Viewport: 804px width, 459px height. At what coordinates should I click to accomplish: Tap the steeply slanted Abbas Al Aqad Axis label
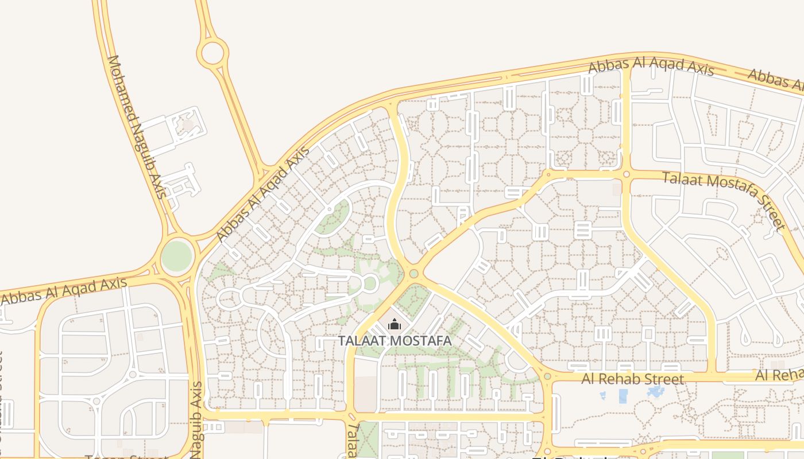pyautogui.click(x=263, y=194)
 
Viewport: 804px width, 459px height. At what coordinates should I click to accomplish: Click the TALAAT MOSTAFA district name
pyautogui.click(x=395, y=341)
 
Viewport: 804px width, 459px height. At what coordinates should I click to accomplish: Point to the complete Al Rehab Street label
pyautogui.click(x=632, y=379)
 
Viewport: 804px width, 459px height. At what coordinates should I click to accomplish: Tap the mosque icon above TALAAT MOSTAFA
pyautogui.click(x=394, y=325)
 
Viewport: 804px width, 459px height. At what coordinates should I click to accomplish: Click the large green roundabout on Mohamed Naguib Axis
pyautogui.click(x=176, y=256)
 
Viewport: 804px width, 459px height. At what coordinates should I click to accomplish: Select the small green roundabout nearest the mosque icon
pyautogui.click(x=413, y=274)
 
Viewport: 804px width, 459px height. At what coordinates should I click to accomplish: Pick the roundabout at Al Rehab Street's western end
pyautogui.click(x=547, y=377)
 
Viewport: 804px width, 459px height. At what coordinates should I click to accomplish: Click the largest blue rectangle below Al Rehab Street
pyautogui.click(x=623, y=396)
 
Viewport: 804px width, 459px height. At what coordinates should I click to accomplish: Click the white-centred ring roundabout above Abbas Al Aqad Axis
pyautogui.click(x=212, y=53)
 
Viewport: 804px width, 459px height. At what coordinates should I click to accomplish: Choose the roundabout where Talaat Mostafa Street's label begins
pyautogui.click(x=626, y=174)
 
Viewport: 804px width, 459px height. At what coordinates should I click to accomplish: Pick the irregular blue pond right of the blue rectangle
pyautogui.click(x=655, y=392)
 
